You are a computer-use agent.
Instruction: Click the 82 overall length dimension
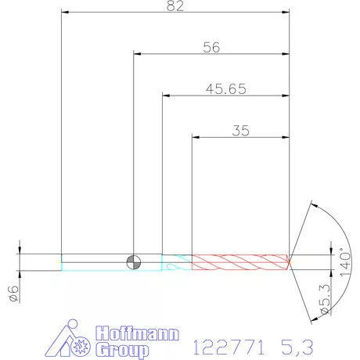click(x=175, y=5)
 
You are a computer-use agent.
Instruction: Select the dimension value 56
click(x=211, y=48)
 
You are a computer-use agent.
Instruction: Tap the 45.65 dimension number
click(x=226, y=89)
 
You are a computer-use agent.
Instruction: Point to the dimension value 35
click(x=240, y=131)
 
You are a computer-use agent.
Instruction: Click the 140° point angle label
click(x=345, y=261)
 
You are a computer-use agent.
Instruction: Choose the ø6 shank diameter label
click(x=14, y=293)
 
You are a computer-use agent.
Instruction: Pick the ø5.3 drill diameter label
click(x=326, y=299)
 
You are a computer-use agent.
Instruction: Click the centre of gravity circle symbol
click(x=134, y=262)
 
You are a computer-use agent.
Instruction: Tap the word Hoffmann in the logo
click(x=138, y=333)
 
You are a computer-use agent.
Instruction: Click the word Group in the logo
click(x=122, y=350)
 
